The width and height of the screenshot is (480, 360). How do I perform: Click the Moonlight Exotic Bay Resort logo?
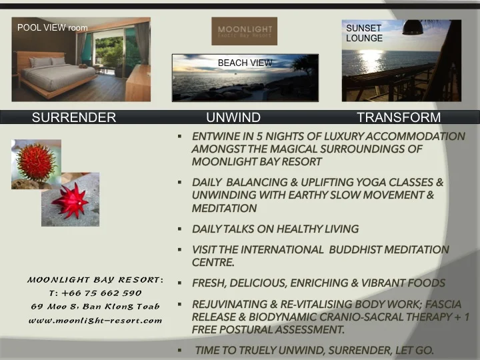(244, 31)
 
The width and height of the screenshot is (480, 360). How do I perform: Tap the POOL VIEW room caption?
(53, 28)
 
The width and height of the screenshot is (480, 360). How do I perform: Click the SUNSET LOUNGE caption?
(364, 33)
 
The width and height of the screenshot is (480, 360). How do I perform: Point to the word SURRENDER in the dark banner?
(74, 118)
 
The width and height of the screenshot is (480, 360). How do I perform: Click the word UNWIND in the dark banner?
(233, 118)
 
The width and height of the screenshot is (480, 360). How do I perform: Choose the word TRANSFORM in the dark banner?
(399, 118)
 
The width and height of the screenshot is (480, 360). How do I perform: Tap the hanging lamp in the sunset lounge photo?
(414, 28)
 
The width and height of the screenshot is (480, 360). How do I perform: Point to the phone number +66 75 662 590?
(95, 293)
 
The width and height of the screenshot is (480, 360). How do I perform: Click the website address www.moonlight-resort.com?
(95, 320)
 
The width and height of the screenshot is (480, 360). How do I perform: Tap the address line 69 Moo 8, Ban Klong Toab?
(95, 306)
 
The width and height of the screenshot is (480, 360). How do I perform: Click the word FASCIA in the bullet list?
(442, 304)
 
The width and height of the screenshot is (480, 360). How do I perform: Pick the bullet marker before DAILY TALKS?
(180, 229)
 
